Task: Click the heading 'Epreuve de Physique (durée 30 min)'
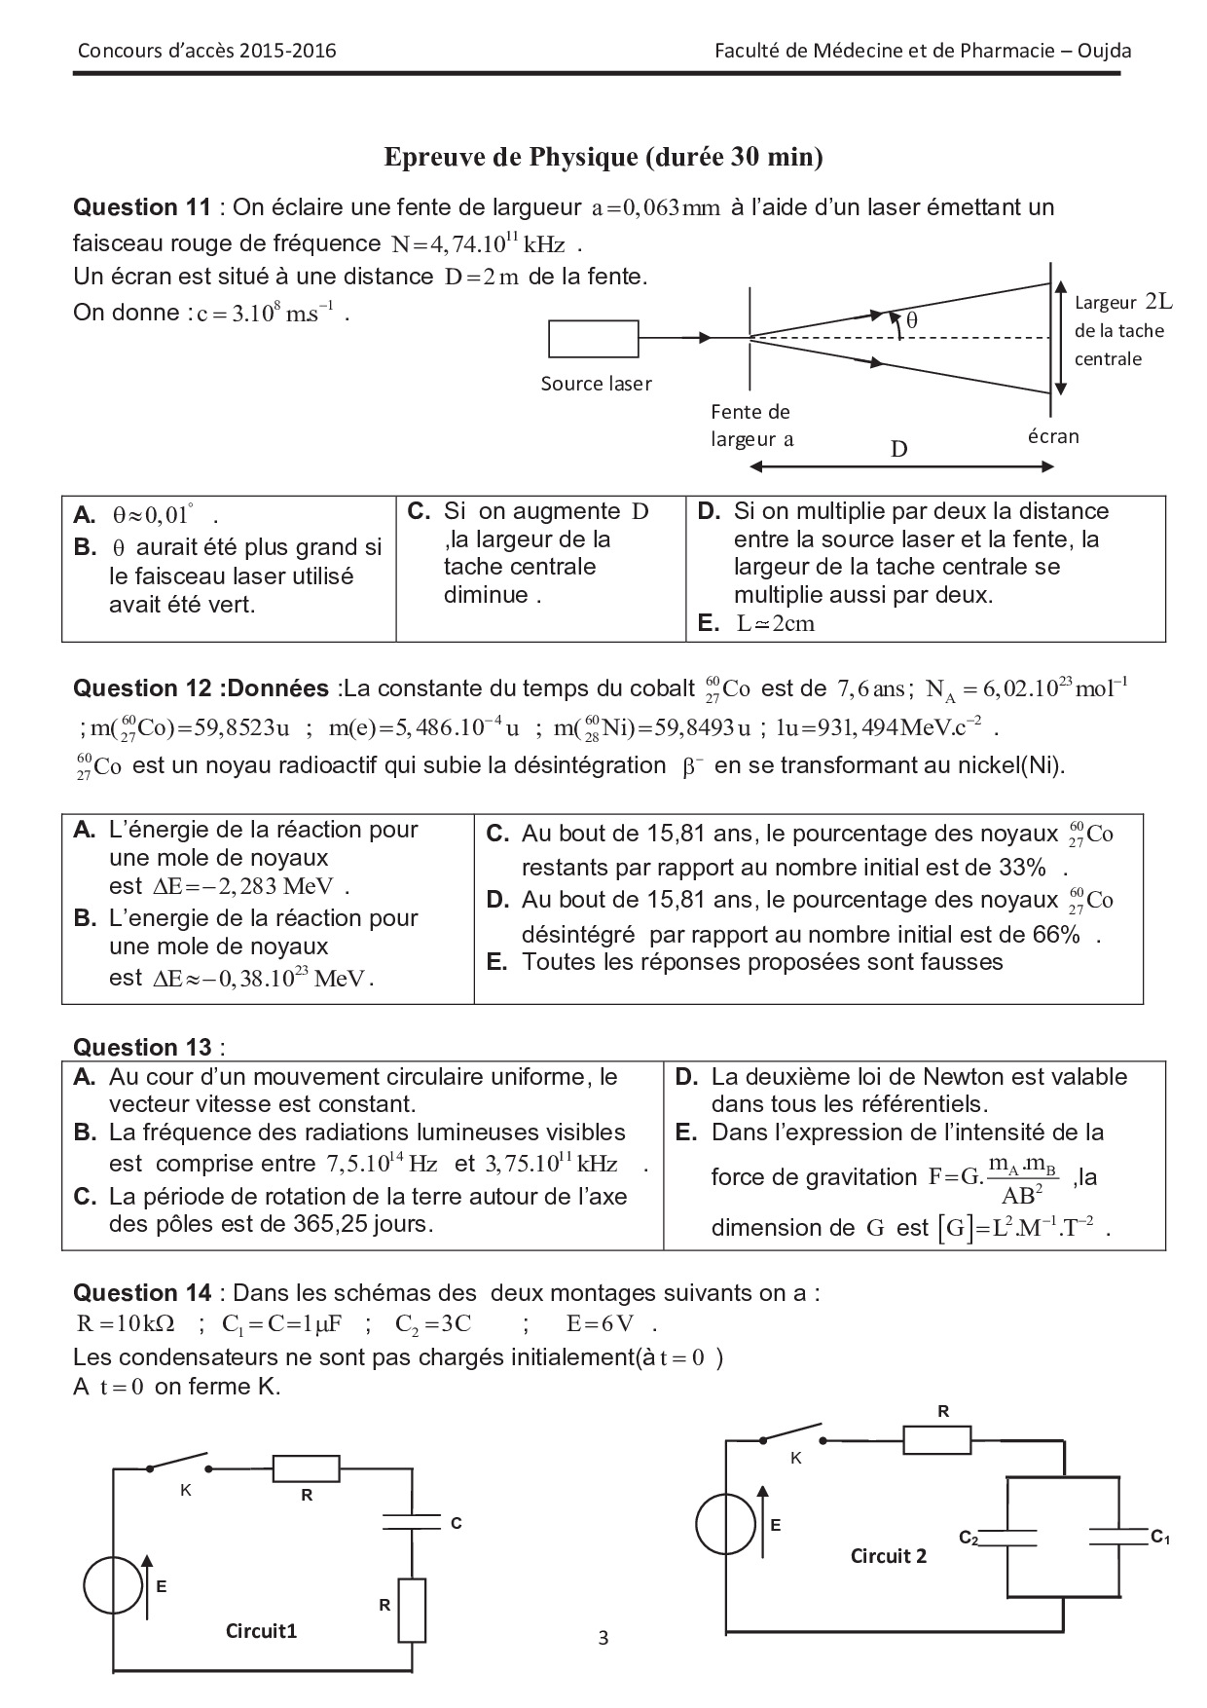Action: (x=603, y=157)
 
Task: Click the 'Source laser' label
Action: (x=596, y=384)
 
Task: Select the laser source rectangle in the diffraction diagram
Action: (x=594, y=338)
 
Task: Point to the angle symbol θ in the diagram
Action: (x=912, y=319)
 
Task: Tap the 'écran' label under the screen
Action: (x=1053, y=436)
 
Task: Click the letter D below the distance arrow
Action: (x=899, y=449)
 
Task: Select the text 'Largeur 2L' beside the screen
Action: (x=1123, y=302)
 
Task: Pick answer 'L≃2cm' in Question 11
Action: (x=776, y=624)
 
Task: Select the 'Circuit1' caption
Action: (x=261, y=1630)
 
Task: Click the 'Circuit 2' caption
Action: (x=889, y=1555)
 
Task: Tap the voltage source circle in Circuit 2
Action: (x=726, y=1525)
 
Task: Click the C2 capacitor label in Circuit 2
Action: (x=968, y=1538)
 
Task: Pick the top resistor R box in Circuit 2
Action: (x=936, y=1440)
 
